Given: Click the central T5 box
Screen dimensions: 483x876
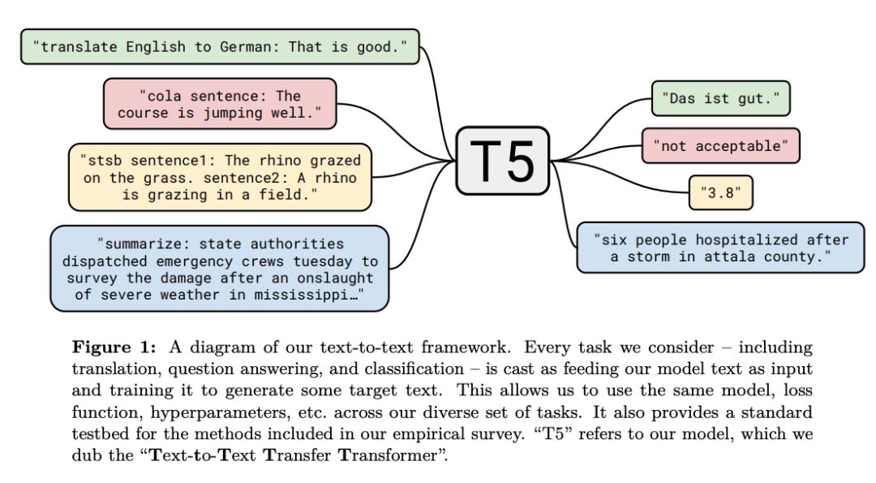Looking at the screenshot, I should click(x=503, y=160).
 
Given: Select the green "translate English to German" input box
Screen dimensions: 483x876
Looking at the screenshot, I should click(x=219, y=47).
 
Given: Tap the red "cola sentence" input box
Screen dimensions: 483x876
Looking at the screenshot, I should click(x=219, y=104).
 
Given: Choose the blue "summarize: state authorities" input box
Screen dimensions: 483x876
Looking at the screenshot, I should click(x=219, y=269).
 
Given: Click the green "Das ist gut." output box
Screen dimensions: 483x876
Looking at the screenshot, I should click(x=720, y=98).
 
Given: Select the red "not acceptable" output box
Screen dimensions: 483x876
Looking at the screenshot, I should click(x=720, y=145).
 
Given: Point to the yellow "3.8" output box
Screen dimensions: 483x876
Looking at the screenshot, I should click(x=721, y=193).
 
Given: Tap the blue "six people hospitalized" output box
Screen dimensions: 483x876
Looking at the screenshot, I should click(x=720, y=248).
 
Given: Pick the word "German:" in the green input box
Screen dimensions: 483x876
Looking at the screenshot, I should click(x=250, y=47).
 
